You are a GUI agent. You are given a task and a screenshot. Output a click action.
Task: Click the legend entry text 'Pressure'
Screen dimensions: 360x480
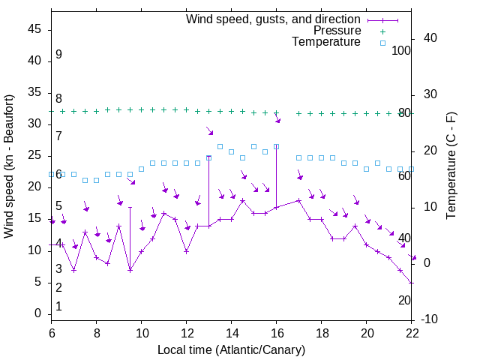337,31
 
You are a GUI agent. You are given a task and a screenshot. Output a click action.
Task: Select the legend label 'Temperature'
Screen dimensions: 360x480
326,42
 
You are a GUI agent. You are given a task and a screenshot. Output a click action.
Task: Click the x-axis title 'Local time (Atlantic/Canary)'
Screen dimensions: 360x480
232,349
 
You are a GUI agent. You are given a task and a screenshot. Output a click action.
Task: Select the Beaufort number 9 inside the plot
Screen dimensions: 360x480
58,55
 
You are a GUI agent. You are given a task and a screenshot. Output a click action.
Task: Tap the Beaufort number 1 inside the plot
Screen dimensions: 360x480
58,306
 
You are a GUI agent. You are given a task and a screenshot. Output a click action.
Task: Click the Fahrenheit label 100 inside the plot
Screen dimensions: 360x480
402,51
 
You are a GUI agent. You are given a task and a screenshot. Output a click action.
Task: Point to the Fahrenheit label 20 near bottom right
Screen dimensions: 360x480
404,300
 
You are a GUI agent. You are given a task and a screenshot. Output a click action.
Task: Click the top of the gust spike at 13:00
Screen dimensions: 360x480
208,157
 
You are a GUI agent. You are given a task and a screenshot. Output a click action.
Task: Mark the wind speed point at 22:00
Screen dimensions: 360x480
411,282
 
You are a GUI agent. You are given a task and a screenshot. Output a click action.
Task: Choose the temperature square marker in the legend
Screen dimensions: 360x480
382,43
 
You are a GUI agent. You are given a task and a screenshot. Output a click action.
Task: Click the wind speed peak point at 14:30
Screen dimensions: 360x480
242,201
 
